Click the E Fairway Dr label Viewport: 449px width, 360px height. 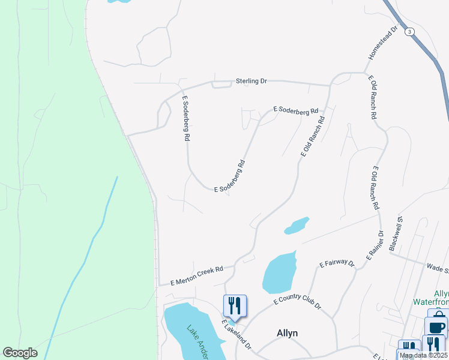[x=337, y=263]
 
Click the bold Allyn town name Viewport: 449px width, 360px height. [x=287, y=333]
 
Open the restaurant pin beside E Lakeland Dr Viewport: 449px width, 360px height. [x=235, y=305]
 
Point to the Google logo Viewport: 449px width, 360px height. [x=20, y=353]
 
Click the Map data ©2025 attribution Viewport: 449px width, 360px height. [x=424, y=355]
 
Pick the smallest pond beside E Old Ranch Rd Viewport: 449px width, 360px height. [x=297, y=226]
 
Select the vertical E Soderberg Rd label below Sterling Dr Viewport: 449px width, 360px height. [x=186, y=118]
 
